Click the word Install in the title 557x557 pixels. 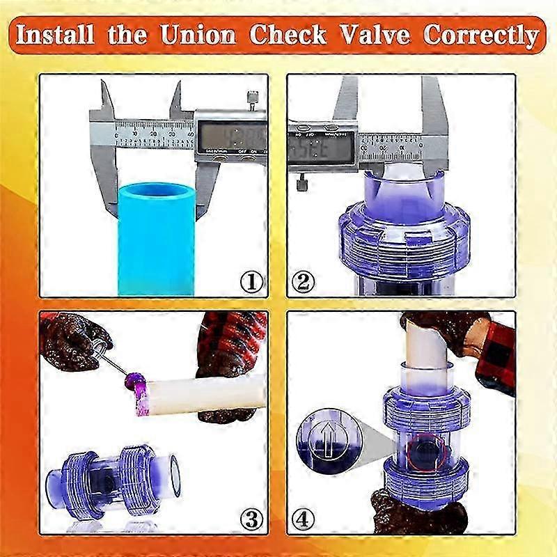[x=58, y=34]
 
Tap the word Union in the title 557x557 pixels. [x=197, y=34]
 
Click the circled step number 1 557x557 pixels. [x=252, y=281]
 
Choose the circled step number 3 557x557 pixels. [x=252, y=518]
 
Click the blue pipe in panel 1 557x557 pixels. [x=156, y=237]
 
